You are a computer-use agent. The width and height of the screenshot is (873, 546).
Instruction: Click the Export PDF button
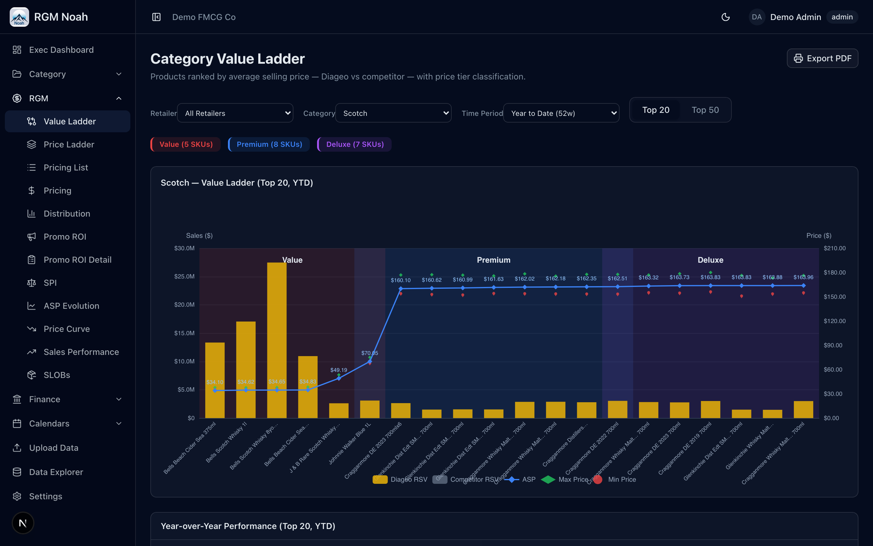click(822, 58)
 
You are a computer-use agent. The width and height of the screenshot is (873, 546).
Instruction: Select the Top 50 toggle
click(705, 110)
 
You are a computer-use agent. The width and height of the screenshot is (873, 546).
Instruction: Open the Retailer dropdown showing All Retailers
click(235, 113)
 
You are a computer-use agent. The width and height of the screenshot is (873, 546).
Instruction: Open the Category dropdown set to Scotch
click(393, 113)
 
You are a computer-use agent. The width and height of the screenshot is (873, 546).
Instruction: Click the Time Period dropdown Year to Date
click(561, 113)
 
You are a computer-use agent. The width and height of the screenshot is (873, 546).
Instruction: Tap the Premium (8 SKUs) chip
click(269, 144)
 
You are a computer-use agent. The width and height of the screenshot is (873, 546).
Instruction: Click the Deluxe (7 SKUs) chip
click(355, 144)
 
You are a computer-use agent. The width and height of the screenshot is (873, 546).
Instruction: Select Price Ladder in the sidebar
click(69, 144)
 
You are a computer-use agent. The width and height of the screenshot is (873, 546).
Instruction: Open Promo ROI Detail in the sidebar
click(77, 260)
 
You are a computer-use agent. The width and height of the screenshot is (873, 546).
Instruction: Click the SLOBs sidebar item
click(57, 375)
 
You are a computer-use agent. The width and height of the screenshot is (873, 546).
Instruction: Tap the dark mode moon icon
click(725, 17)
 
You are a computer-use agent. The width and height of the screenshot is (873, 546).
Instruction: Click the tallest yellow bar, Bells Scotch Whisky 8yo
click(277, 339)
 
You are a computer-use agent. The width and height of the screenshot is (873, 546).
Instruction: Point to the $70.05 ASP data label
click(370, 353)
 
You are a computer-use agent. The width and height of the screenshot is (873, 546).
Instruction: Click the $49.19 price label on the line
click(338, 370)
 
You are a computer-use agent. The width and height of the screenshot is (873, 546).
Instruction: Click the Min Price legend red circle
click(598, 479)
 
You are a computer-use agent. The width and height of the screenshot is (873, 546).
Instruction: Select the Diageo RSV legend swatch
click(380, 479)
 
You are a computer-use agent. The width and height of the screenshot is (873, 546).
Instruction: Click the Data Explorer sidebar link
click(56, 472)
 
